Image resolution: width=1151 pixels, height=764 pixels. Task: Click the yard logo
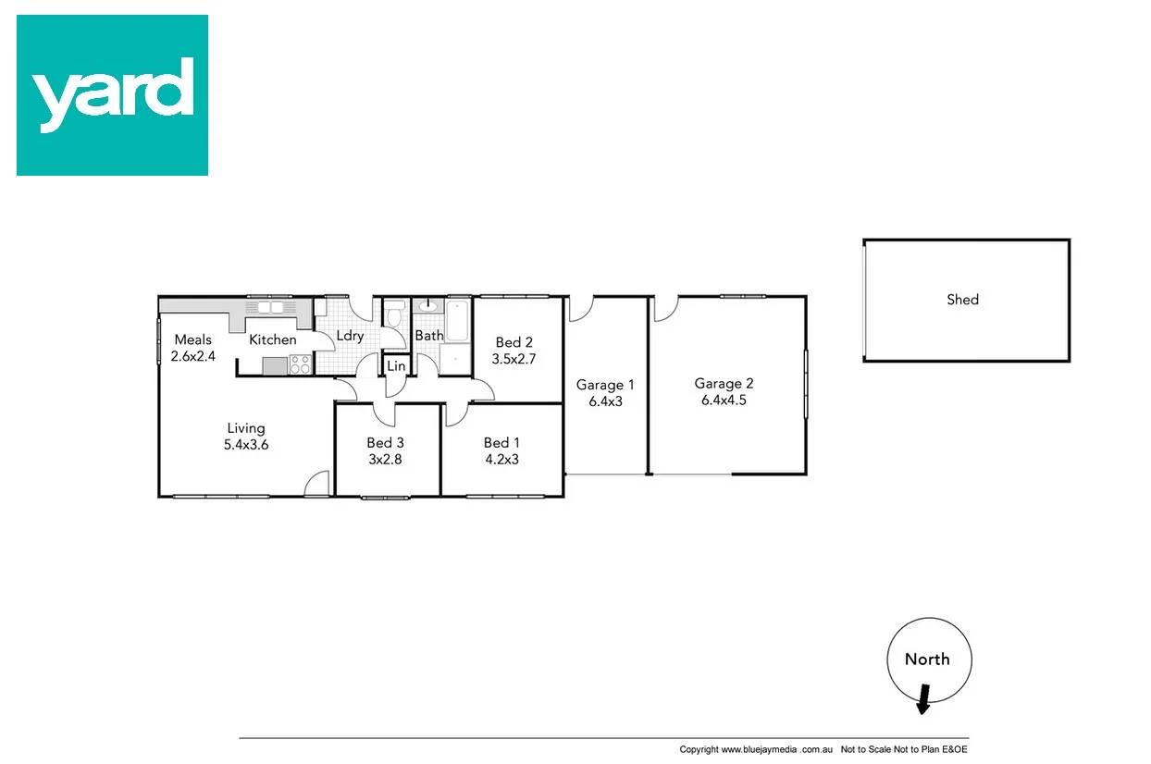(112, 95)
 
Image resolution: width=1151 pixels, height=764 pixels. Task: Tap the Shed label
(962, 300)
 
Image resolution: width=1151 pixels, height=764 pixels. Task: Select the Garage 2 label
(724, 384)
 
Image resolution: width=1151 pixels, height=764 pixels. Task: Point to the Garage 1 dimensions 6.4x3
(605, 401)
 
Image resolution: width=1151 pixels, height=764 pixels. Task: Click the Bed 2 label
(514, 342)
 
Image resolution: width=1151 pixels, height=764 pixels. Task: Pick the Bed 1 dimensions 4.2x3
(501, 459)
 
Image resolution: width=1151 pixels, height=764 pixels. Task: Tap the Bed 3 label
(385, 442)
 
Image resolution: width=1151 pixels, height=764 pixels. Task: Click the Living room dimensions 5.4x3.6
(246, 445)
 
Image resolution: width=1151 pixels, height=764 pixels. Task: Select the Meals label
(192, 339)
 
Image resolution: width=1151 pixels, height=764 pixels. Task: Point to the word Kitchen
(273, 339)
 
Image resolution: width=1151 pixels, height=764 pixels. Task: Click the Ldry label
(350, 336)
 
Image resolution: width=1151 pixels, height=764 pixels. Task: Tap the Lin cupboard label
(396, 366)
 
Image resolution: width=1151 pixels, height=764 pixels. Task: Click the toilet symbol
(394, 317)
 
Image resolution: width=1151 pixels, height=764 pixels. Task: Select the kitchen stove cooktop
(301, 364)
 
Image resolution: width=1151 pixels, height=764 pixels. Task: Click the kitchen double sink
(269, 306)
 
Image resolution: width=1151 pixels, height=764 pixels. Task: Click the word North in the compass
(927, 659)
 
